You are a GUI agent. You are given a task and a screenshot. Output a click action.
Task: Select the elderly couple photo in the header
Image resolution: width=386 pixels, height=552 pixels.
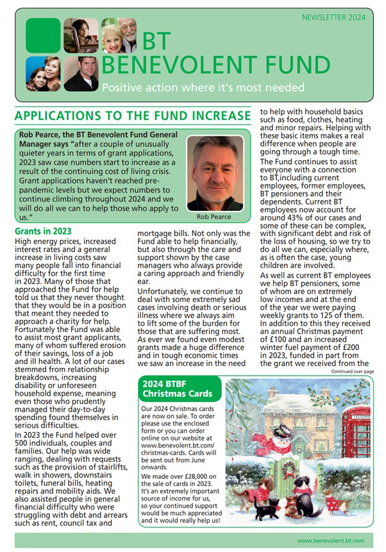[x=119, y=35]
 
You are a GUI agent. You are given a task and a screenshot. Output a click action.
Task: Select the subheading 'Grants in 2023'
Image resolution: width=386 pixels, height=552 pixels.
[x=43, y=231]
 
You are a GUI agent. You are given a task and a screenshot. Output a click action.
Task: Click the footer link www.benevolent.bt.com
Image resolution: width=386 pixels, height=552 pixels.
[x=330, y=541]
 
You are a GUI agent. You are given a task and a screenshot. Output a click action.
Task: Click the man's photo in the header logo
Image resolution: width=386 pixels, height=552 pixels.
[x=81, y=73]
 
